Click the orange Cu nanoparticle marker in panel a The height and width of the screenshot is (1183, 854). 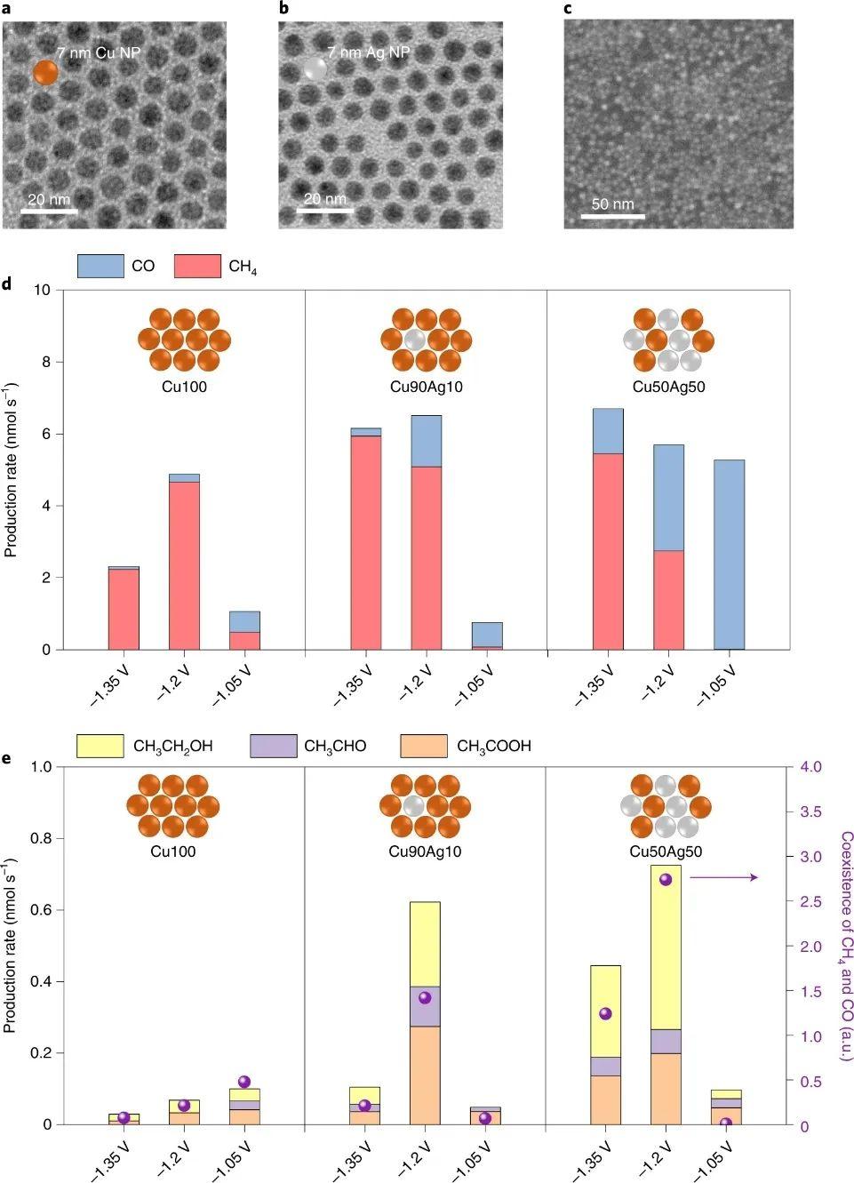click(x=45, y=73)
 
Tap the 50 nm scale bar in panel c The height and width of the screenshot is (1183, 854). click(x=612, y=215)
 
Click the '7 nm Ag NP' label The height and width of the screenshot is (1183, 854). click(x=368, y=53)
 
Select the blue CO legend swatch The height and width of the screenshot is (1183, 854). click(x=100, y=266)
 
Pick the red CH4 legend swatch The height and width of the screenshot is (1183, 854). click(x=197, y=266)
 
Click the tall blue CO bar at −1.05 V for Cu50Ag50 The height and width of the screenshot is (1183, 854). click(x=729, y=555)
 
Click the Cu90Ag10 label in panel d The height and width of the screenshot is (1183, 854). click(x=427, y=388)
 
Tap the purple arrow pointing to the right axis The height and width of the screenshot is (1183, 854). click(x=723, y=877)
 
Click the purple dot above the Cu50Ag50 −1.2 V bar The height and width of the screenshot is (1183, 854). click(x=666, y=879)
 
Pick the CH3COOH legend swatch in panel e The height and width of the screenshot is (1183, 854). click(x=424, y=746)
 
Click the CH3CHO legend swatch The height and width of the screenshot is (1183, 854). click(x=274, y=746)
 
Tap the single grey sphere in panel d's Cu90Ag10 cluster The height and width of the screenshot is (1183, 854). click(x=415, y=340)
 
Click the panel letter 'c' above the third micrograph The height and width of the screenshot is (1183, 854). click(x=568, y=9)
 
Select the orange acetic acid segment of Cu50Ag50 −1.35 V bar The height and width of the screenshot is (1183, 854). click(x=605, y=1099)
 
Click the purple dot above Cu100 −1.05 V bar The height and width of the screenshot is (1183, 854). click(x=244, y=1082)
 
